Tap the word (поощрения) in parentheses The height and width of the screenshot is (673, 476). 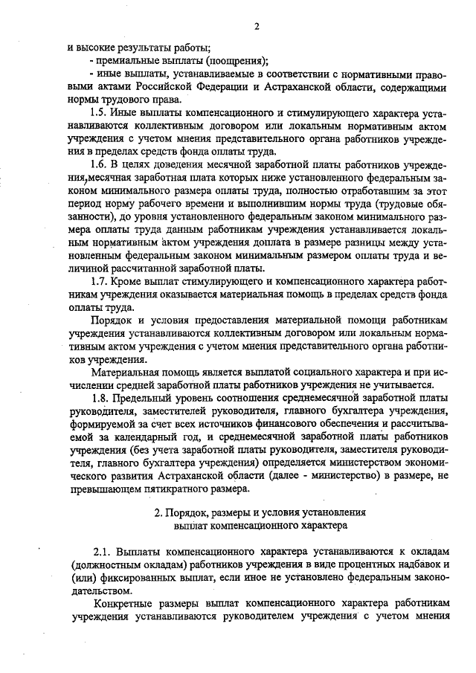click(x=233, y=60)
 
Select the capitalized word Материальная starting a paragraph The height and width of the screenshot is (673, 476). click(x=125, y=371)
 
